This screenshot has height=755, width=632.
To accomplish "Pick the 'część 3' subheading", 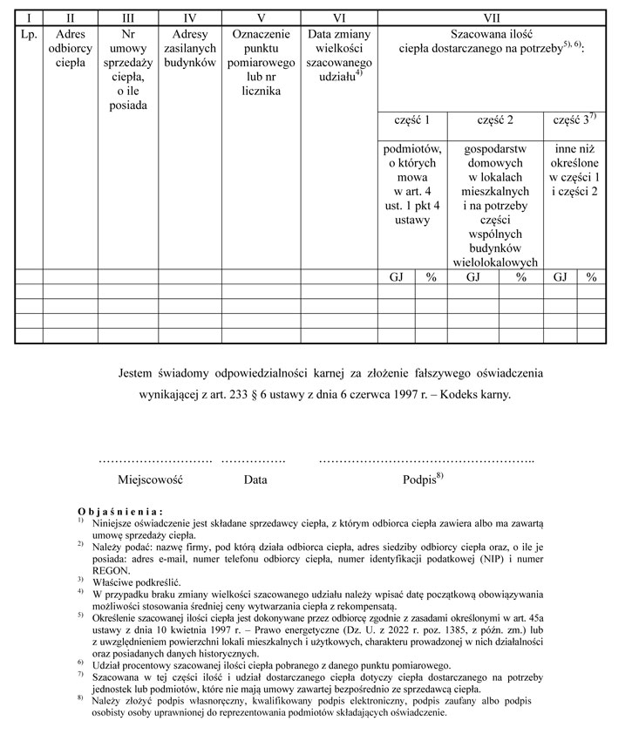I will coord(574,120).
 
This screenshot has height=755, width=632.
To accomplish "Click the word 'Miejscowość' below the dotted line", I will coord(151,480).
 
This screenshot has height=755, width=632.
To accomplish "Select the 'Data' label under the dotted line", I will coord(255,480).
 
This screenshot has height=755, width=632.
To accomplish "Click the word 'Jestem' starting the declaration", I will coord(139,373).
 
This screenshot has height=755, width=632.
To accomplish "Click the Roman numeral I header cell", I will coord(28,17).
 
